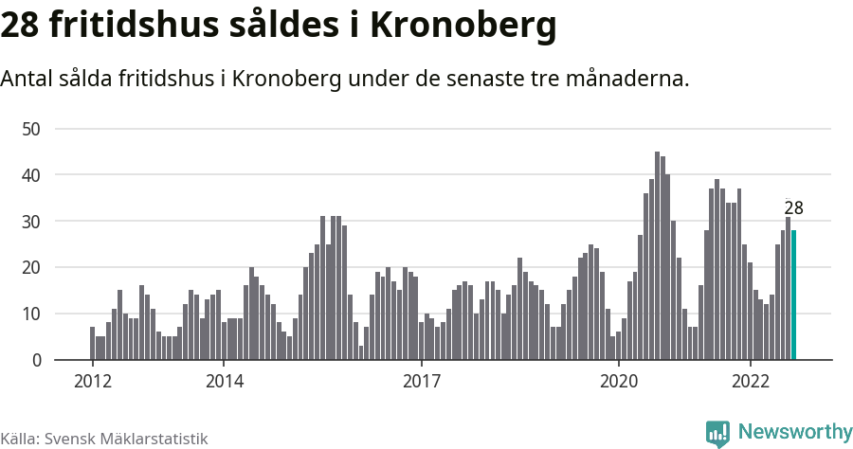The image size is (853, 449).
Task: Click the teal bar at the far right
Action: (793, 296)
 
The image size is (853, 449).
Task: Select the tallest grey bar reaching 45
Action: (657, 256)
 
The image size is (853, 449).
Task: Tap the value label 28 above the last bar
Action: (793, 208)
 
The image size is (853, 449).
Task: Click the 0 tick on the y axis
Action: (37, 361)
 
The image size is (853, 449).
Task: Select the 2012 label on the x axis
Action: (92, 382)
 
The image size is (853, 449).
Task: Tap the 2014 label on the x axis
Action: (224, 382)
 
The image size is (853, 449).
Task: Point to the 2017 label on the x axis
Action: (421, 382)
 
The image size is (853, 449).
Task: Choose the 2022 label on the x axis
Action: (750, 382)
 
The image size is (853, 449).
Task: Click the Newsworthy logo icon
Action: (717, 433)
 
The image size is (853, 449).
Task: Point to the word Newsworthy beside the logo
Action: (794, 432)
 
